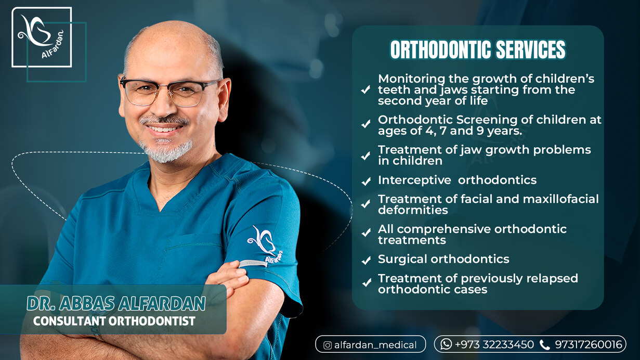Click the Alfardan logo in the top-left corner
tap(42, 37)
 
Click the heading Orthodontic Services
tap(477, 50)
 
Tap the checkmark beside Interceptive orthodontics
tap(366, 182)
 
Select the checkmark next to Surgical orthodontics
tap(366, 260)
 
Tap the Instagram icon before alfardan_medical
tap(328, 345)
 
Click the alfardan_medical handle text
tap(375, 345)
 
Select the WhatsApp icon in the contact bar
tap(446, 344)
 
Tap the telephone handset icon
tap(544, 344)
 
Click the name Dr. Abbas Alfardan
tap(116, 303)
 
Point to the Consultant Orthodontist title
tap(114, 322)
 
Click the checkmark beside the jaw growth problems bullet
tap(366, 156)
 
